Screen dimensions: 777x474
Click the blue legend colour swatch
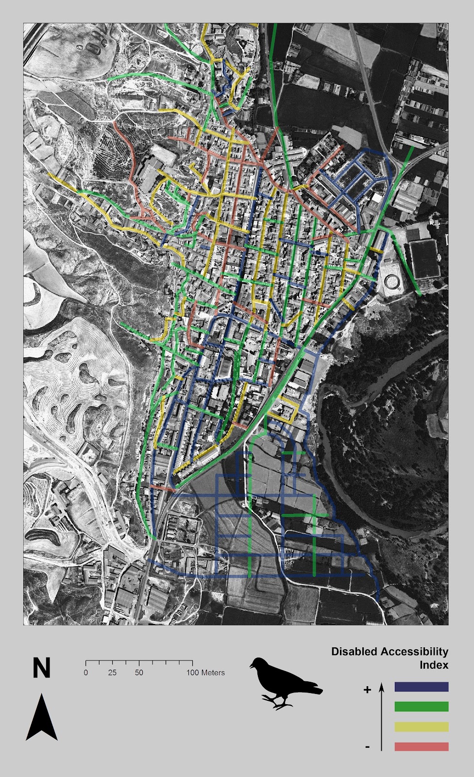point(421,687)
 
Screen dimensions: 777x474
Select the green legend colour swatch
point(421,707)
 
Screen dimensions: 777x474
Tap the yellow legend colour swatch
point(421,726)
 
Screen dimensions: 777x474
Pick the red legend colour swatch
point(421,746)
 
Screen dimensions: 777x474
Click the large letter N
point(41,668)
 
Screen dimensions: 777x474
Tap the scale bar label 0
point(86,673)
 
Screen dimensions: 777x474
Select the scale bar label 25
point(112,673)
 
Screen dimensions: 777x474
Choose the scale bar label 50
point(139,673)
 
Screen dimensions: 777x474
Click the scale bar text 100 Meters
point(206,673)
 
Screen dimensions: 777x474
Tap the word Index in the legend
point(434,665)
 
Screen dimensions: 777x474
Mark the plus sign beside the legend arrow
point(367,690)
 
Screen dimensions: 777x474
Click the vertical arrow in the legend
point(382,716)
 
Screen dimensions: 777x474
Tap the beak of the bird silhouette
point(251,666)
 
